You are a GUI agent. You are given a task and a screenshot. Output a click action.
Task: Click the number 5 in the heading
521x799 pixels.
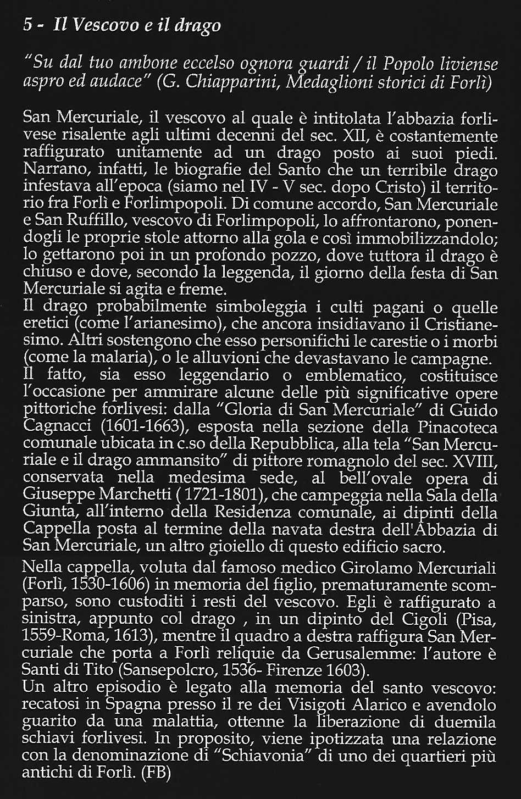click(x=28, y=25)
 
